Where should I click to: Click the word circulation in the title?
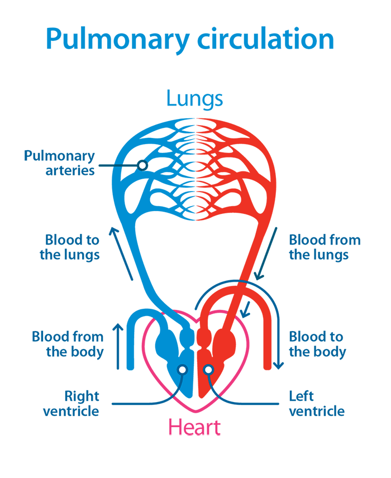tap(266, 39)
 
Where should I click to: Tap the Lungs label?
tap(194, 99)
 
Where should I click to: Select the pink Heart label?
tap(194, 427)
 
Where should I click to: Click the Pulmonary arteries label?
tap(59, 163)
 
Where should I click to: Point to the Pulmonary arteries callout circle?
tap(142, 165)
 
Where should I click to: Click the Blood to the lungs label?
tap(70, 247)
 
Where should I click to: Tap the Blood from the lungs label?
tap(325, 247)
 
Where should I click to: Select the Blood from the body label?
tap(68, 345)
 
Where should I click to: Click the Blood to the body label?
tap(317, 345)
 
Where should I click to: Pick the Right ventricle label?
tap(71, 404)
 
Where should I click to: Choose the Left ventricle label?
tap(317, 404)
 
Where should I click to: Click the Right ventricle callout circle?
tap(183, 370)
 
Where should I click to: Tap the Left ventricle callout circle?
tap(208, 370)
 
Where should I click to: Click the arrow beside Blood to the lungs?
tap(121, 254)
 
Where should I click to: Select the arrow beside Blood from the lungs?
tap(266, 254)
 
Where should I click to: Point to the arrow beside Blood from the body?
tap(118, 346)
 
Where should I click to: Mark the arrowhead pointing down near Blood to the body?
tap(278, 365)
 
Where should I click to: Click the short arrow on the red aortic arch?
tap(246, 309)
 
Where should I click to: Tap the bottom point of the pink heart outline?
tap(196, 412)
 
